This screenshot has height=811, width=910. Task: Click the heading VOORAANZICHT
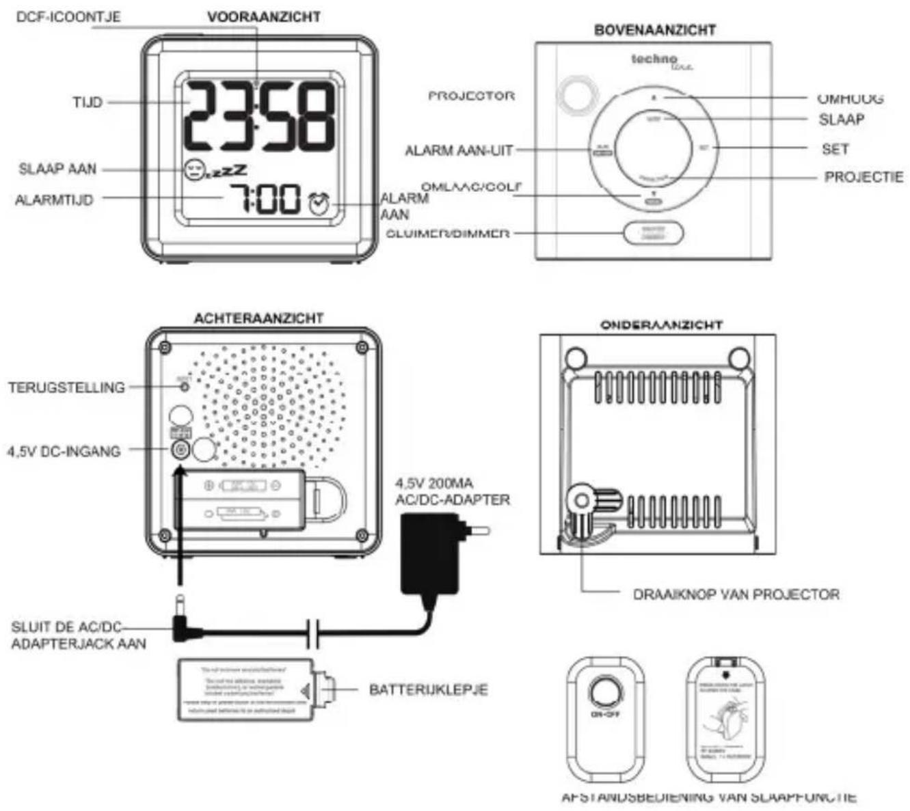pos(264,16)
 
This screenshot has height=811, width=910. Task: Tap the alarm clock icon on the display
pos(319,203)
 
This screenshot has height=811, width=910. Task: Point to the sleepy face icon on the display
pos(195,168)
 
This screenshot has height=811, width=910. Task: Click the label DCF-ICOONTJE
pos(68,16)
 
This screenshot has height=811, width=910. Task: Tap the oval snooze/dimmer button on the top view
pos(652,233)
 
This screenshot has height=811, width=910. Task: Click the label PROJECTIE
pos(864,177)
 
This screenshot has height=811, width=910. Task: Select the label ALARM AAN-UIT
pos(459,150)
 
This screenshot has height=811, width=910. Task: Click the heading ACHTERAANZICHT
pos(258,318)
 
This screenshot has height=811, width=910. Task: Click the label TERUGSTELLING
pos(67,387)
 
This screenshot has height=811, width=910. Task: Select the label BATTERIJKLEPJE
pos(429,689)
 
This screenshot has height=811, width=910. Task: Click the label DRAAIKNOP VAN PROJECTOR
pos(736,594)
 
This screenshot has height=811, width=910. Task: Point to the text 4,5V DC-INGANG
pos(64,451)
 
